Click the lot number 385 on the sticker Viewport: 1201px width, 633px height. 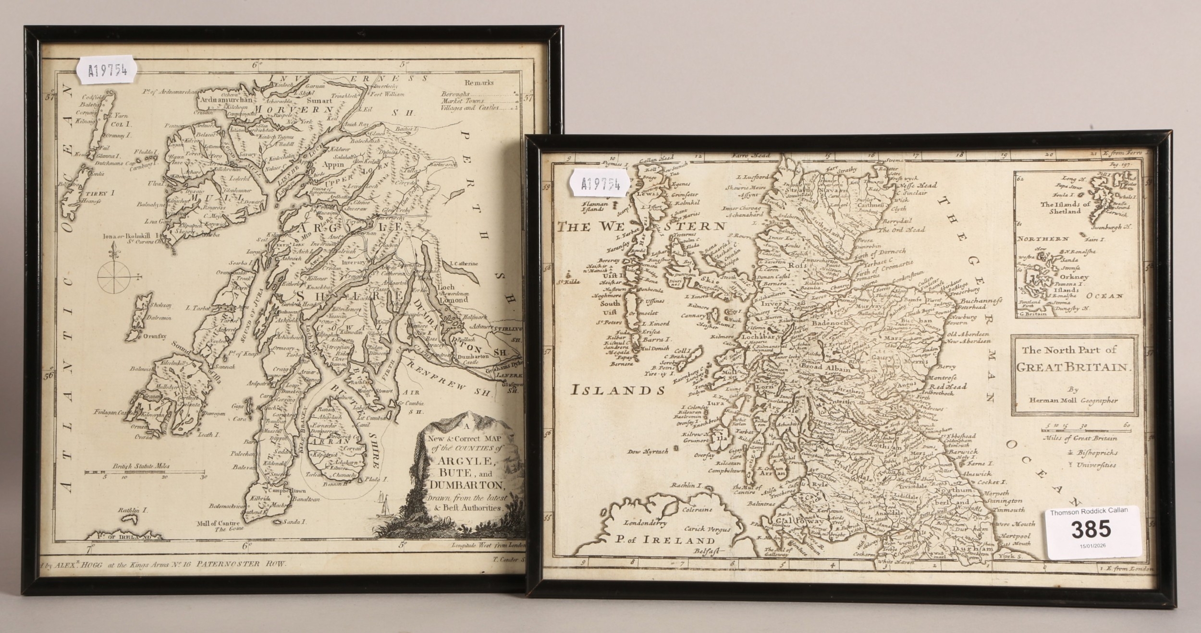coord(1090,529)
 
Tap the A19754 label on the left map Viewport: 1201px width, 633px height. coord(108,72)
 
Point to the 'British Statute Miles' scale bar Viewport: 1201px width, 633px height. coord(145,472)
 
